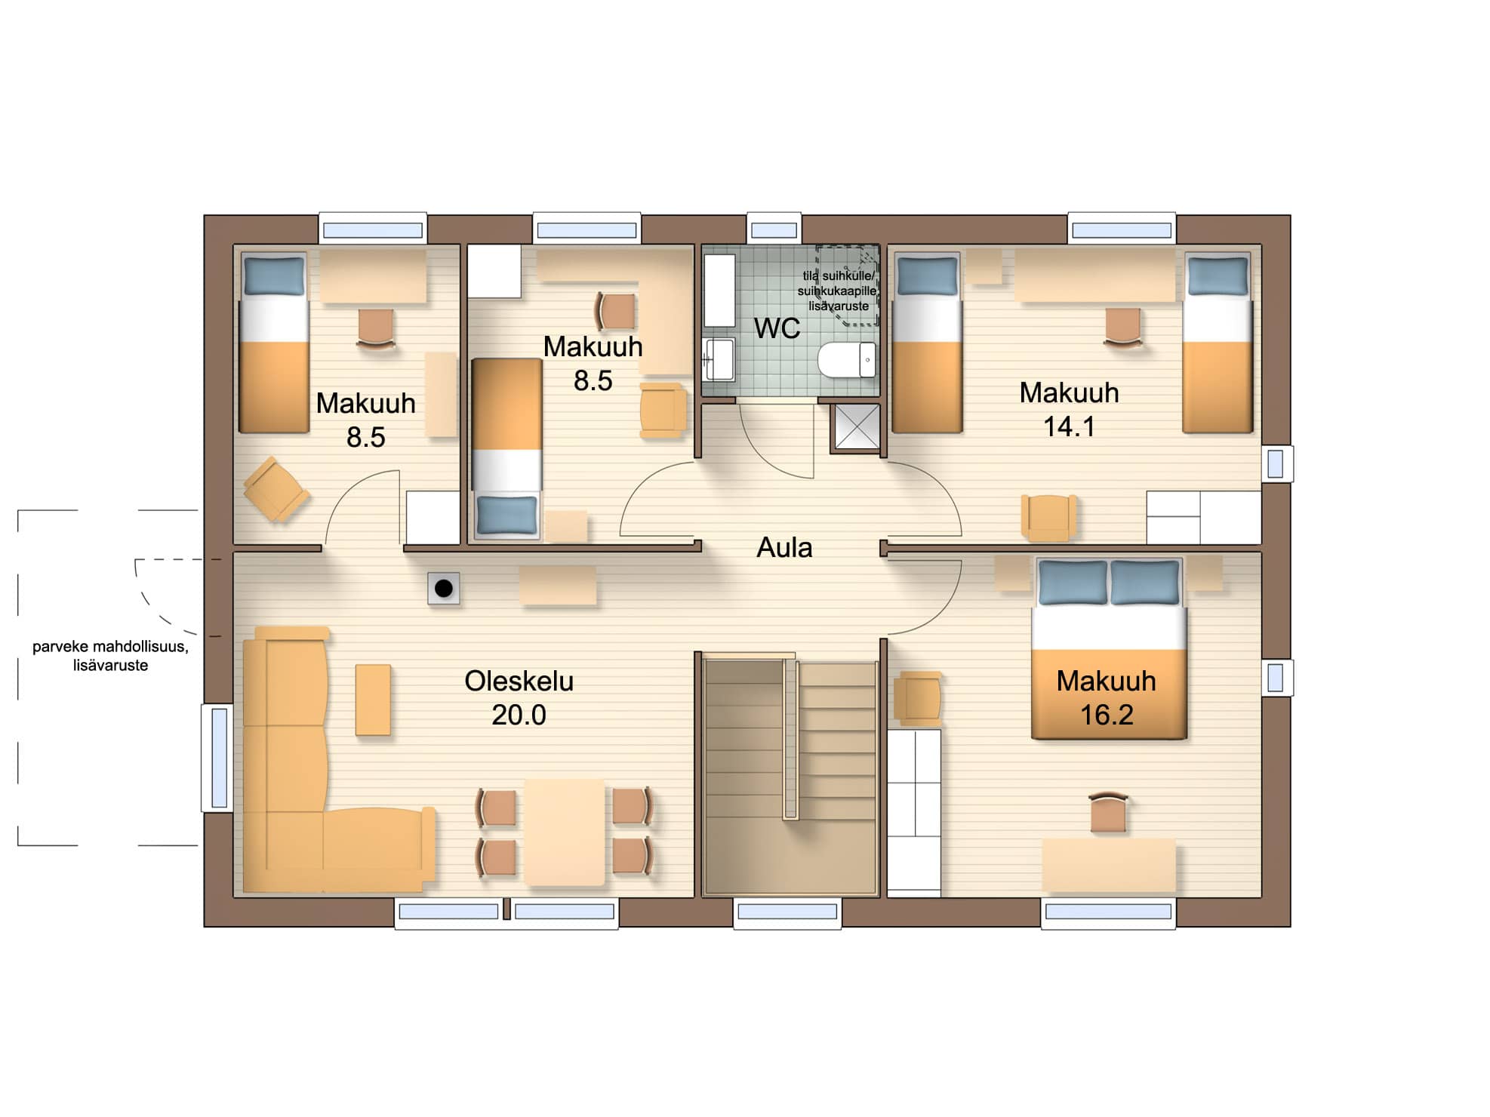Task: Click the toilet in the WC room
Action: point(846,360)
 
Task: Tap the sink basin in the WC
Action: point(719,358)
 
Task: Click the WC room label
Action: point(777,328)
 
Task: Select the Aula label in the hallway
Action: point(784,547)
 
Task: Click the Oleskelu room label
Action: point(519,681)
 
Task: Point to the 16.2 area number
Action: point(1107,715)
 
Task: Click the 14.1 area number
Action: point(1069,426)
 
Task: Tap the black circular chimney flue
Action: point(444,588)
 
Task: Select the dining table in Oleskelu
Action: point(565,832)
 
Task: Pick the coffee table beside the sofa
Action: point(373,700)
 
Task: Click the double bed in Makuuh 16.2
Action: point(1109,648)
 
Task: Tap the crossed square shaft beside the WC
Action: point(856,427)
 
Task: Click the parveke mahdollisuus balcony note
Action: point(110,656)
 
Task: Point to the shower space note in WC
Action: point(838,291)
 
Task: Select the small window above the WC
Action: point(774,229)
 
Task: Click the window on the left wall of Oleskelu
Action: point(219,758)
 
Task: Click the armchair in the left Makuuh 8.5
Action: point(276,489)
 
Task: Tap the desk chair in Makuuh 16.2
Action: point(1108,812)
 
